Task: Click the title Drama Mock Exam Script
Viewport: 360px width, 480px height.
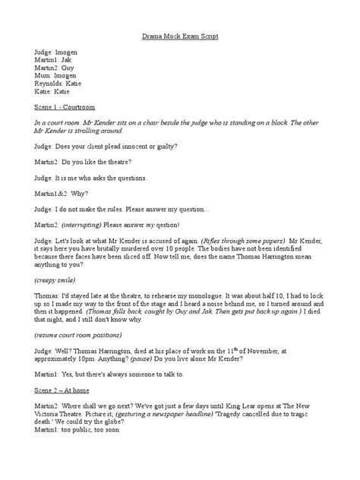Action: tap(180, 36)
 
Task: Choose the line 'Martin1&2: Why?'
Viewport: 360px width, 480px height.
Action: tap(62, 193)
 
